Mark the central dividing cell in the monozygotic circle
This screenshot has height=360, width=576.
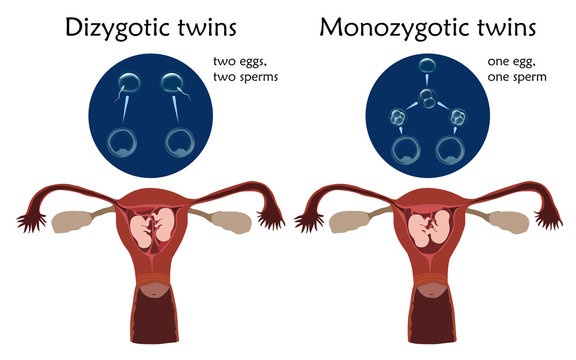pos(425,98)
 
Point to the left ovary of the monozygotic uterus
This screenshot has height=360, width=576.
pos(350,218)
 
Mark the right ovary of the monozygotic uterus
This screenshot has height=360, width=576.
pos(502,218)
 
